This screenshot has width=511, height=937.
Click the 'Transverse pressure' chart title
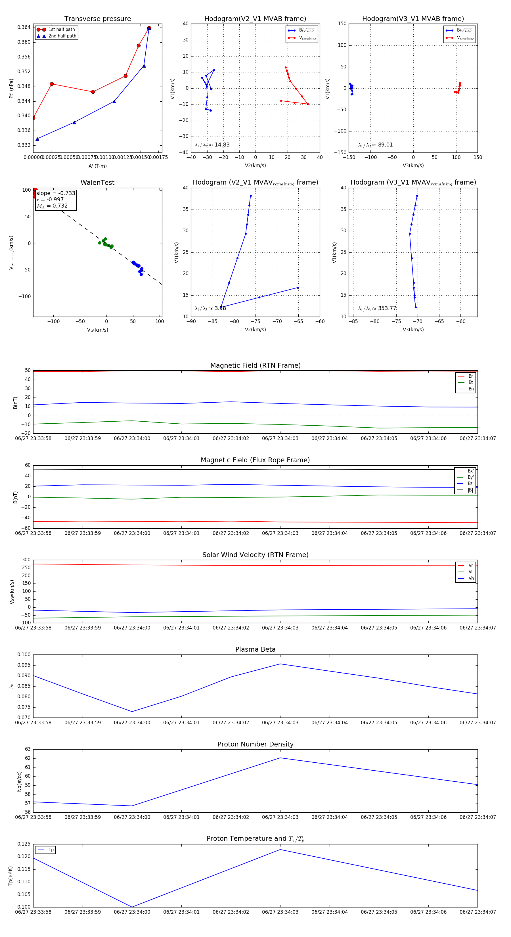[97, 19]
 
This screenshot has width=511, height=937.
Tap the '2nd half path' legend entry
[62, 36]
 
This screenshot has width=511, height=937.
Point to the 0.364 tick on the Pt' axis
[24, 27]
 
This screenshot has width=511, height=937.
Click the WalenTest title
[97, 183]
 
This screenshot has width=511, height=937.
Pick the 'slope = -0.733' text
[56, 193]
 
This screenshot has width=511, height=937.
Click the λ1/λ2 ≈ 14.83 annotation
[212, 145]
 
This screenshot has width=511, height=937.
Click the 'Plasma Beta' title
[255, 650]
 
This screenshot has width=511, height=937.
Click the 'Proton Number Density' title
[255, 744]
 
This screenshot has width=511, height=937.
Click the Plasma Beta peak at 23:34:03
[280, 664]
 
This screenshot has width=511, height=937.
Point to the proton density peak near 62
[280, 758]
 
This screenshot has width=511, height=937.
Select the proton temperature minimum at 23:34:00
[132, 907]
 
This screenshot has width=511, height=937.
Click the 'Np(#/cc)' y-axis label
[19, 782]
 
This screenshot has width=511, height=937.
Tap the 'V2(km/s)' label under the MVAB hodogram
[255, 166]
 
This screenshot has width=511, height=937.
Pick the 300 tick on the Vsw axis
[26, 560]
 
